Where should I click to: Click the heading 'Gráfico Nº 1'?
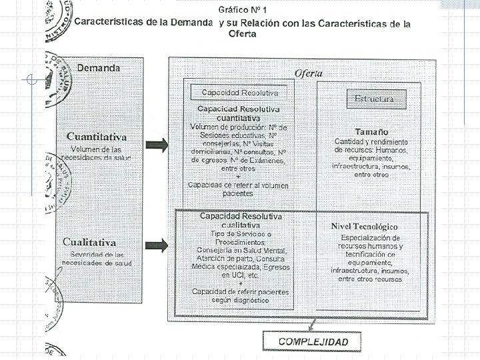point(243,10)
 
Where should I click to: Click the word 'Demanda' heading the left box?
point(99,67)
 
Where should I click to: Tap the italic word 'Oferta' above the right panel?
point(309,73)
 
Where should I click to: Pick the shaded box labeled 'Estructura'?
point(374,98)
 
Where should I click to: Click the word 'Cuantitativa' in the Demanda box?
point(96,137)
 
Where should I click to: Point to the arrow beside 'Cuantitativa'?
point(157,144)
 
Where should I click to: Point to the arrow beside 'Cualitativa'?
point(157,244)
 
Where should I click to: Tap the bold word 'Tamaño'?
point(372,131)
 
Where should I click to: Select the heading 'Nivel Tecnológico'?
point(374,227)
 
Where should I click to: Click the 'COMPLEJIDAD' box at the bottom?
point(313,341)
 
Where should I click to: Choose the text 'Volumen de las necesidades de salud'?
point(96,153)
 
